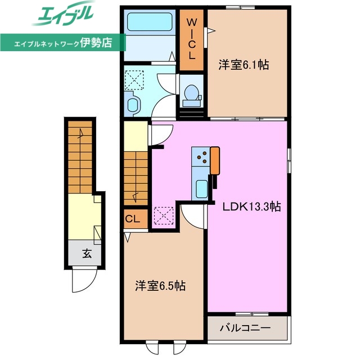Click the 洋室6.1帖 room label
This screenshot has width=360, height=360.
[x=244, y=65]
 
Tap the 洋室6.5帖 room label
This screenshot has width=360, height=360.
[x=160, y=286]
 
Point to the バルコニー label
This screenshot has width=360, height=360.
[x=245, y=327]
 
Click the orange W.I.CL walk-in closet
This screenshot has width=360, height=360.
[x=191, y=39]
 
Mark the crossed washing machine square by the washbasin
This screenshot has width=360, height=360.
[x=135, y=79]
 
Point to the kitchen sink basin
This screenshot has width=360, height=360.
[x=202, y=188]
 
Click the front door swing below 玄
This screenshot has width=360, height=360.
[x=84, y=280]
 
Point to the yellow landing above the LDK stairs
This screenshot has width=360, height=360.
[x=135, y=135]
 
